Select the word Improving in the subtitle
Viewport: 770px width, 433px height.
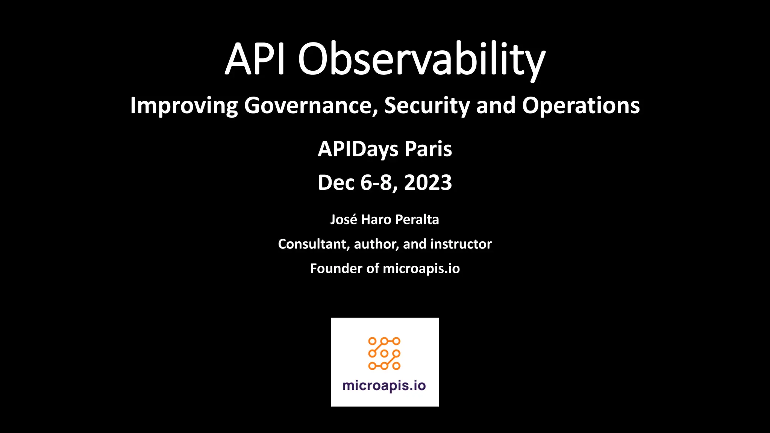point(184,106)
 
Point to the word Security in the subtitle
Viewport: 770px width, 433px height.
point(427,106)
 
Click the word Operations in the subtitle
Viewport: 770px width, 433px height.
point(581,106)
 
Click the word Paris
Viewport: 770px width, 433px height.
point(428,149)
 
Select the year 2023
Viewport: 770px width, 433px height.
point(428,183)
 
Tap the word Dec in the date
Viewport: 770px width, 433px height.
point(336,183)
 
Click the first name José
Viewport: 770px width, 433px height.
point(344,220)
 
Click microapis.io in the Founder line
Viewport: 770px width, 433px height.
point(421,269)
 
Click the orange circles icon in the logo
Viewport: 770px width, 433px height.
point(384,353)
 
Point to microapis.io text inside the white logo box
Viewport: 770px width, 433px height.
point(384,386)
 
